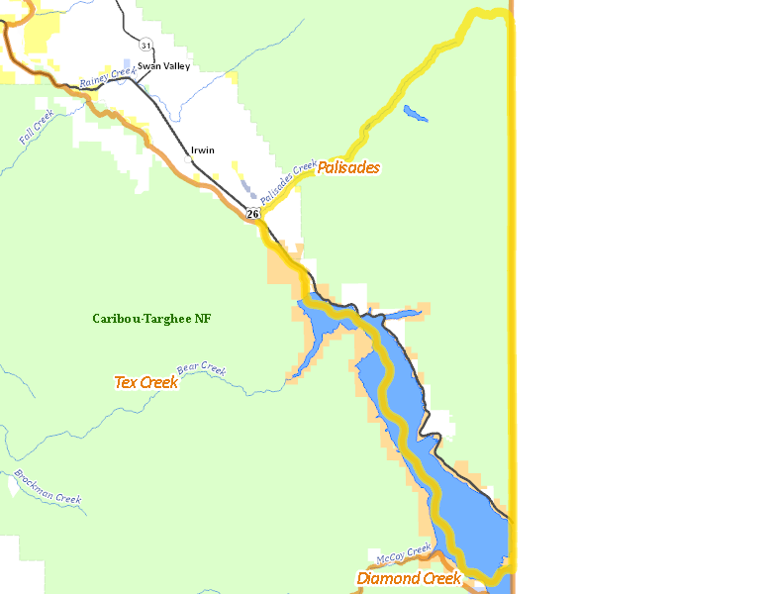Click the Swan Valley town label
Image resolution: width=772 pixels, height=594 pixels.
click(163, 66)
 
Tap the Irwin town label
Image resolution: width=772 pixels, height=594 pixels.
click(202, 150)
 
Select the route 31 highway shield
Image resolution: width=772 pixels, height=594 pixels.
click(145, 46)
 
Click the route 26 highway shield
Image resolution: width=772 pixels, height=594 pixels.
click(252, 214)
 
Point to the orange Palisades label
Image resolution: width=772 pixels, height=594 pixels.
click(348, 167)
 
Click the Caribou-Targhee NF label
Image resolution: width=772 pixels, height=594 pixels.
click(151, 319)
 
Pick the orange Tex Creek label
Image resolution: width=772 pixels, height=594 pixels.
click(146, 382)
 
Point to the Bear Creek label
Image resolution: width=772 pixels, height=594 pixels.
click(201, 370)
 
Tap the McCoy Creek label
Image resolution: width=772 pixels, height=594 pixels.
click(404, 553)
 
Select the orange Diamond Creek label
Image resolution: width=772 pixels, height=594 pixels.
click(409, 578)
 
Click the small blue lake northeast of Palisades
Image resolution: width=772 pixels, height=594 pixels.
click(416, 114)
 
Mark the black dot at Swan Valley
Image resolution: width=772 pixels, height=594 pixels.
click(134, 66)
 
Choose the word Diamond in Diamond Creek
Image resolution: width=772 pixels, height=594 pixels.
click(387, 578)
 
